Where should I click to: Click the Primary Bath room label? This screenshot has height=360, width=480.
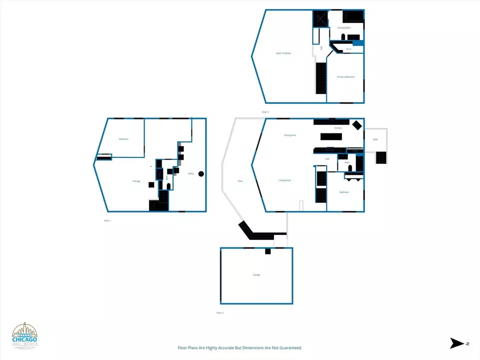tap(344, 28)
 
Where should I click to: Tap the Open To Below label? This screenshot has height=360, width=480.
tap(283, 53)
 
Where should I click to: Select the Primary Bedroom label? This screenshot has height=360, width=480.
tap(345, 77)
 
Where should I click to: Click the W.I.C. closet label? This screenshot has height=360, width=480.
tap(348, 49)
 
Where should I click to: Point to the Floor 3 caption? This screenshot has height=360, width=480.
tap(265, 112)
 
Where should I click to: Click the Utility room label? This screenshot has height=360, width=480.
tap(190, 174)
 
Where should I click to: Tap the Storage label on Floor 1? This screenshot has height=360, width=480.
tap(136, 181)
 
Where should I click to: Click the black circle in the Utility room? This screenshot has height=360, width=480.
tap(201, 174)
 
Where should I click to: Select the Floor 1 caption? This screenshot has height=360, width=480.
tap(107, 220)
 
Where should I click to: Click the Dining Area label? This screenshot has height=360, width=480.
tap(290, 135)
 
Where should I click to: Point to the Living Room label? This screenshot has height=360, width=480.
tap(285, 180)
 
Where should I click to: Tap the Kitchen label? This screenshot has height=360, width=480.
tap(338, 128)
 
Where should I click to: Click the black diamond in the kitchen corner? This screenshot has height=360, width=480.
tap(357, 125)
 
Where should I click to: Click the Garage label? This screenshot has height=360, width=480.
tap(256, 274)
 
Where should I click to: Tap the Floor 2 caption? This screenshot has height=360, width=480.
tap(219, 312)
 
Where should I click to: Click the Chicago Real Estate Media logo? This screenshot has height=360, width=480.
tap(24, 335)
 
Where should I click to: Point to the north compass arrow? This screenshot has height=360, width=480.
tap(457, 343)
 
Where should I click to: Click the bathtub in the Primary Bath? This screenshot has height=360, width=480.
tap(354, 16)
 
